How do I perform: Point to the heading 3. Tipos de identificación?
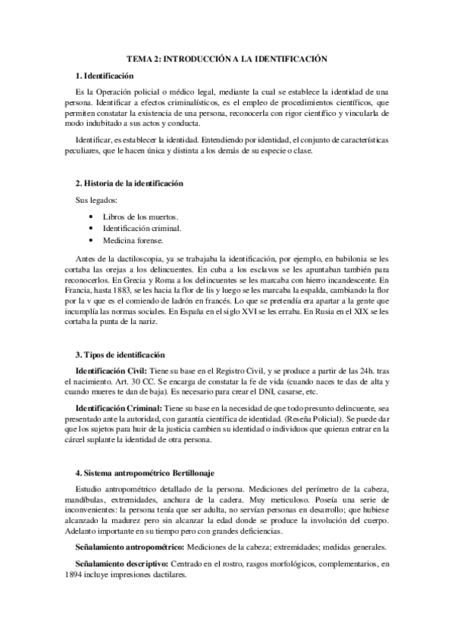120,356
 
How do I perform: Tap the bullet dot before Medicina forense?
91,241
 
